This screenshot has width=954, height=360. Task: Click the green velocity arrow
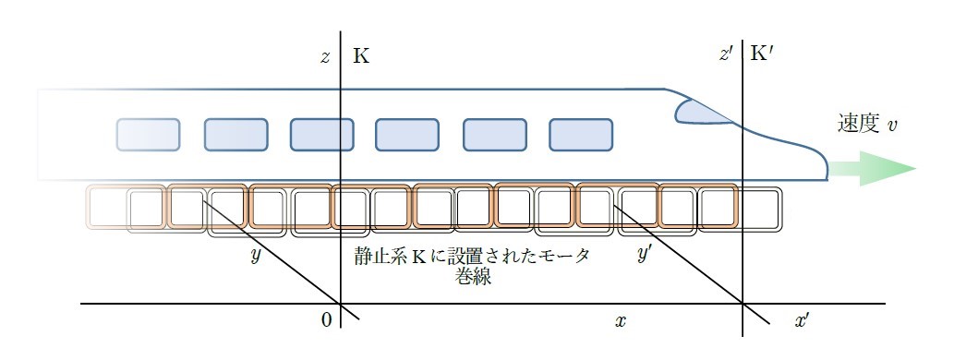coord(873,168)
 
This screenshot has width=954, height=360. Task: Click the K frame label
coord(361,56)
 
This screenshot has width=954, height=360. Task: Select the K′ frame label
coord(762,54)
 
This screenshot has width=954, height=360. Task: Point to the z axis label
coord(326,56)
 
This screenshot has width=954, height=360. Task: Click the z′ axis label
coord(727,54)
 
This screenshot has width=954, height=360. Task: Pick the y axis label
coord(256,256)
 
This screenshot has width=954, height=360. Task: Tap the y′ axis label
coord(645,254)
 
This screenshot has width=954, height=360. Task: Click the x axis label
coord(620,321)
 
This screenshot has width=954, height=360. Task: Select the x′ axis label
coord(802,321)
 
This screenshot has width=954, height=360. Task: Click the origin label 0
coord(327,320)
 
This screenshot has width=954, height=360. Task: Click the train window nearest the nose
coord(580,135)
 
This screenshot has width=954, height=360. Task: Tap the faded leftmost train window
coord(148,135)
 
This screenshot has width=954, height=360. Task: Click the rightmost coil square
coord(761,209)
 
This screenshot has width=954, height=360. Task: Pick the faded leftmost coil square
coord(106,208)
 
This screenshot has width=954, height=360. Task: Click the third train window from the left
coord(321,135)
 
